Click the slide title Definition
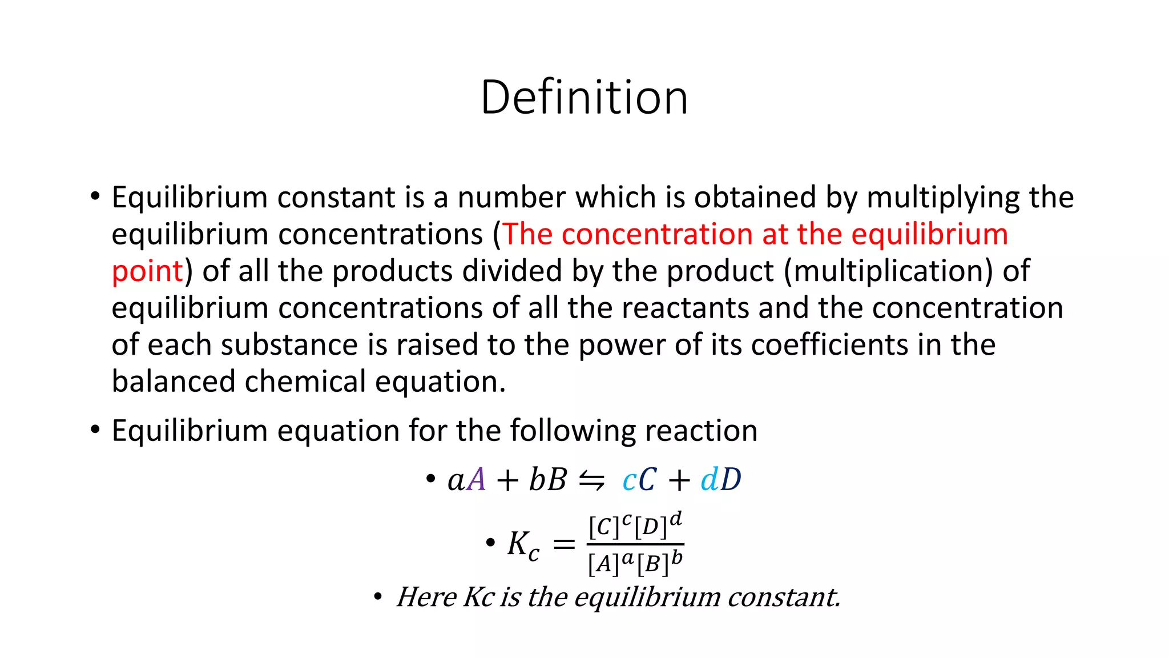584,98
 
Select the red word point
147,271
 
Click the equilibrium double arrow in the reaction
591,480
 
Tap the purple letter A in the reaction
476,479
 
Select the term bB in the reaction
547,479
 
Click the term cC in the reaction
639,479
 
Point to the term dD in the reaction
721,479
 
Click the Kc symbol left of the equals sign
523,544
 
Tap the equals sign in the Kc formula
564,544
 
